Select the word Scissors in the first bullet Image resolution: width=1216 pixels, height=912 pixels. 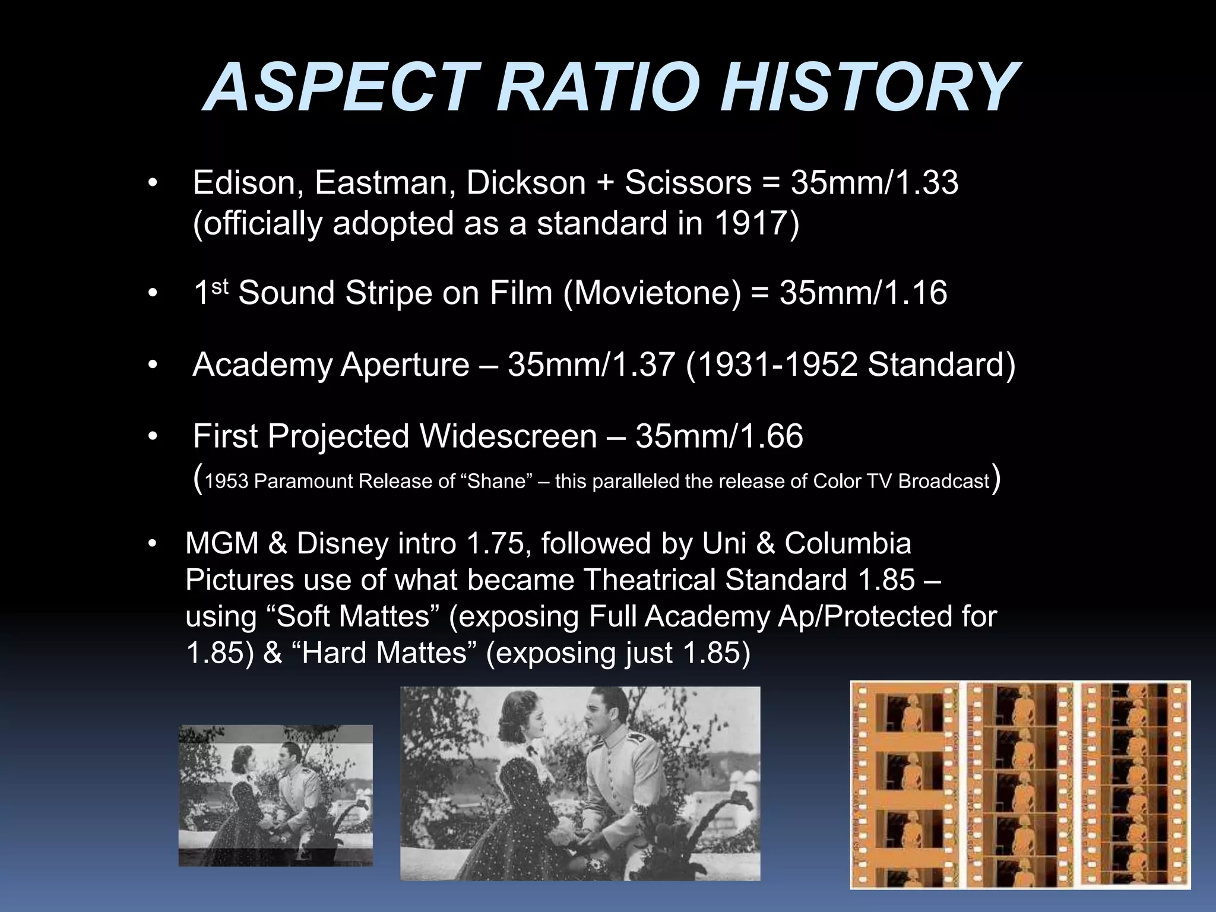[x=688, y=182]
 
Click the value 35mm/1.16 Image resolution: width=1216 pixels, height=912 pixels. [x=863, y=293]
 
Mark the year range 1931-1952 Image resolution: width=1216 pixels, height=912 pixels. [x=771, y=364]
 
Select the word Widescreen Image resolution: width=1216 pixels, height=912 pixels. [x=508, y=436]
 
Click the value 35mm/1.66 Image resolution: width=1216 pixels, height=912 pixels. [x=719, y=436]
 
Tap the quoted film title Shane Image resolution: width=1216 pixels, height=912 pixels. [x=497, y=481]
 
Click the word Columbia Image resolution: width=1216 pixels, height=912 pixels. [x=847, y=543]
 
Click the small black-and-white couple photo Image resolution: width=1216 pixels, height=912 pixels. [x=275, y=796]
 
